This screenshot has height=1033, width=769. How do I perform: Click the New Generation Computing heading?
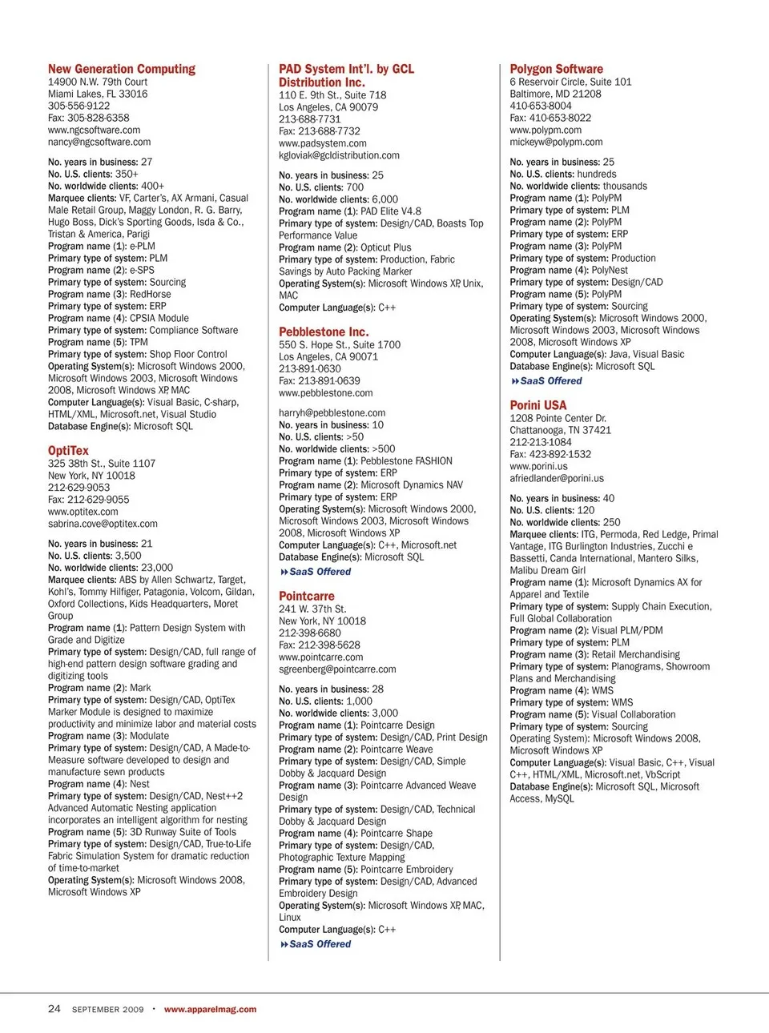(122, 69)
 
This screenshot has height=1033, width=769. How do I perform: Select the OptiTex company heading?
(68, 451)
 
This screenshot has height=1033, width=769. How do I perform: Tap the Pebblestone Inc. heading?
(324, 332)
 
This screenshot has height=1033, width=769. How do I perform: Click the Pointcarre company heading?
(307, 596)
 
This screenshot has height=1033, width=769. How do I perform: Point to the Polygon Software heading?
(556, 69)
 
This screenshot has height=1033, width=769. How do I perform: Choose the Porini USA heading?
(537, 405)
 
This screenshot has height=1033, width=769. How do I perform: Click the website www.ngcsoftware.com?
(94, 130)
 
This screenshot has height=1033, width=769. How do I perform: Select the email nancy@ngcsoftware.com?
(99, 142)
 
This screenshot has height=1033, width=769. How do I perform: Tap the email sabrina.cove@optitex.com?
(103, 524)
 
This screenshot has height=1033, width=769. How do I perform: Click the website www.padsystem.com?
(323, 143)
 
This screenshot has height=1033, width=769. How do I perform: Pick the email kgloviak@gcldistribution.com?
(339, 155)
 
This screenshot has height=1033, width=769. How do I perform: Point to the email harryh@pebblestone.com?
(332, 413)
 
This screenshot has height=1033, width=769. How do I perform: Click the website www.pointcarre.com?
(320, 657)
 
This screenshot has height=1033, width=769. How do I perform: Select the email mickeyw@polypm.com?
(556, 142)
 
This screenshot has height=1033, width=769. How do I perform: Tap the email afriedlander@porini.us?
(557, 478)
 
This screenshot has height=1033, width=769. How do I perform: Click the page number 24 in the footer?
(54, 1009)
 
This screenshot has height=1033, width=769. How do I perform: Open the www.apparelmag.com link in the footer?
(210, 1010)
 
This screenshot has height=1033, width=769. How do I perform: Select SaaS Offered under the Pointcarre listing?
(320, 944)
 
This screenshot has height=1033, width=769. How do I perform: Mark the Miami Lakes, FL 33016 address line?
(98, 94)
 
